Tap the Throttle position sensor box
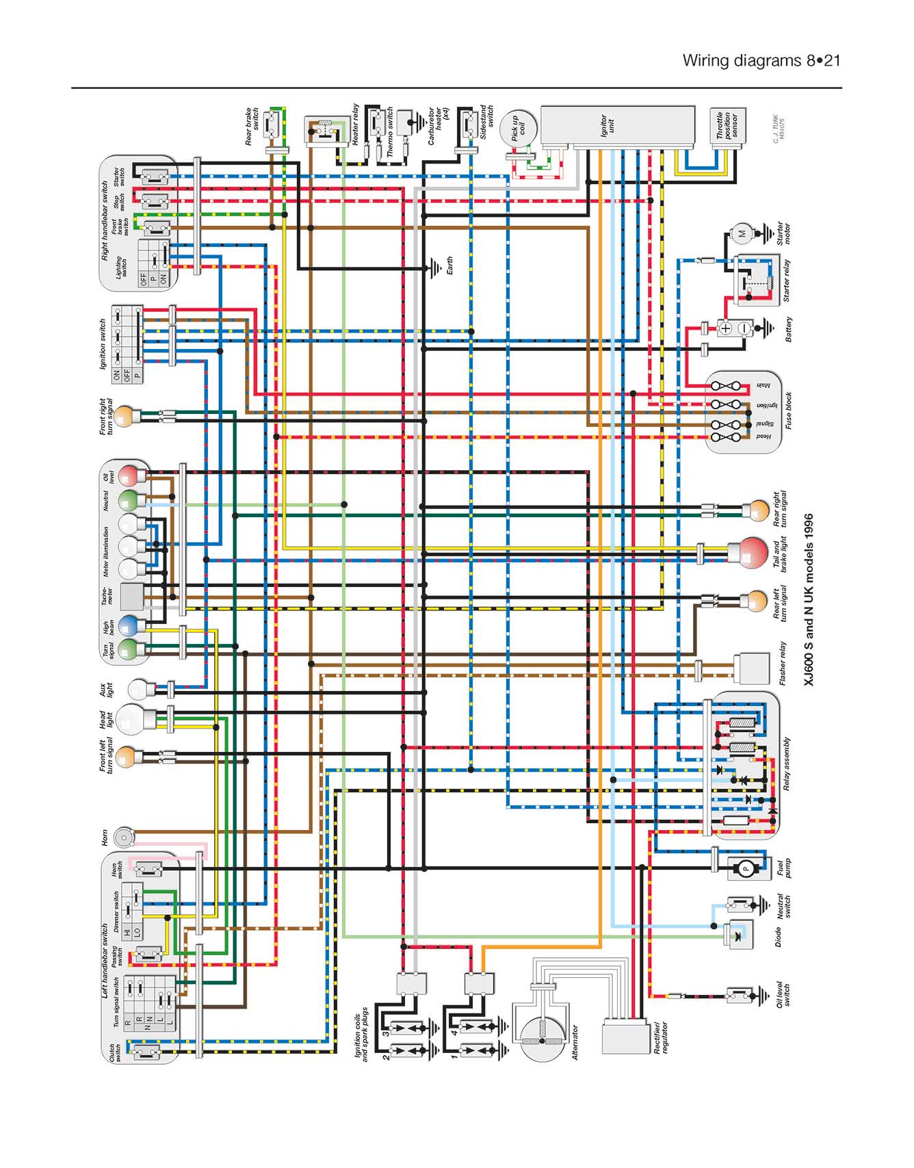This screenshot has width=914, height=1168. coord(726,126)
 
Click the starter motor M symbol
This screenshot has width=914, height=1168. coord(742,233)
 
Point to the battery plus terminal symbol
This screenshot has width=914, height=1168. coord(726,328)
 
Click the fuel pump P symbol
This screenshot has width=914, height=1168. coord(746,869)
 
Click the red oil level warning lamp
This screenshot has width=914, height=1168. coord(129,475)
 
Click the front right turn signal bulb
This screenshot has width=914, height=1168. coord(124,416)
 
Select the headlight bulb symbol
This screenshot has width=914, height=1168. coord(129,718)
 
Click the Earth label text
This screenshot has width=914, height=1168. coord(449,265)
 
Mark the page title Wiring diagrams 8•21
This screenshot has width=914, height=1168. coord(761,60)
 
